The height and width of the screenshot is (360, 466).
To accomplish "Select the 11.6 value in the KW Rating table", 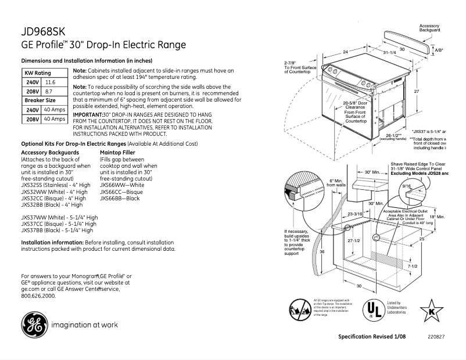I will pyautogui.click(x=51, y=83).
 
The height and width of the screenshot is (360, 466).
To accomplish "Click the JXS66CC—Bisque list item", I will pyautogui.click(x=121, y=192).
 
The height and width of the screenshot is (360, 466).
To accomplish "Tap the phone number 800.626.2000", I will pyautogui.click(x=38, y=296).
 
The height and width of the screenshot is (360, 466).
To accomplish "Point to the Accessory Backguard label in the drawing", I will pyautogui.click(x=429, y=28).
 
